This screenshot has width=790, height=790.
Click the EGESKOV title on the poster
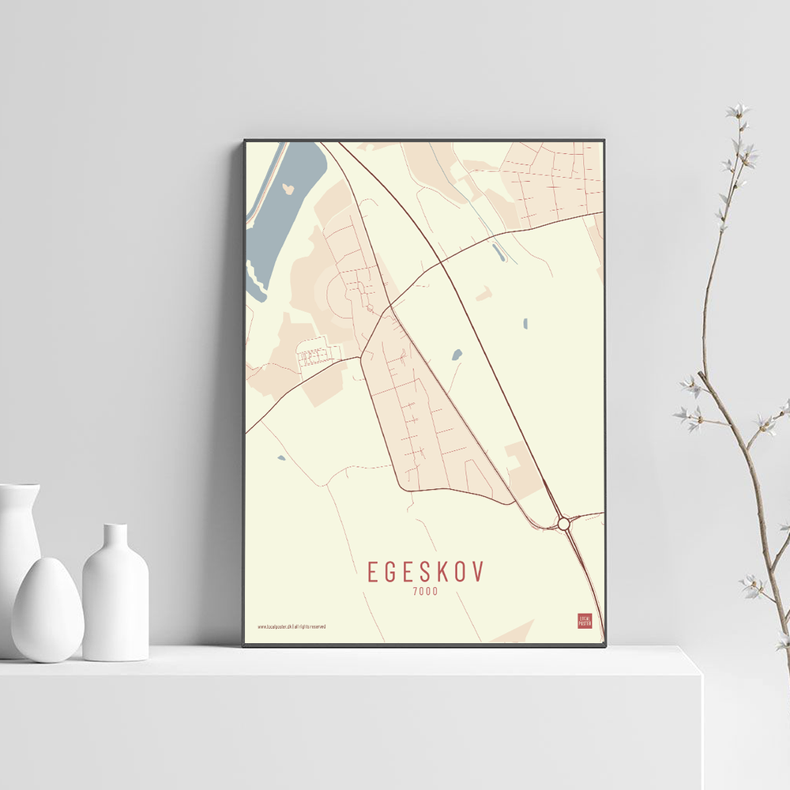point(425,571)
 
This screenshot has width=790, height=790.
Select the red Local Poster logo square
point(585,621)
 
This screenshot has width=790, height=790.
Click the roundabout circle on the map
point(563,523)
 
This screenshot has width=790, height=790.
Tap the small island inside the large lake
point(288,189)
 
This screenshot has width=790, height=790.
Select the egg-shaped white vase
point(47,610)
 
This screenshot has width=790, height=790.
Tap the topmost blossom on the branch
point(738,111)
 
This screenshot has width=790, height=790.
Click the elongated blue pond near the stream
point(496,251)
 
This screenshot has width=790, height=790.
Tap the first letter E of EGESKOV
point(373,571)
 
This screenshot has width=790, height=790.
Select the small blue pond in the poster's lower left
point(280,457)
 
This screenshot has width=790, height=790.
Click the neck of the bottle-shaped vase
point(115,537)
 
